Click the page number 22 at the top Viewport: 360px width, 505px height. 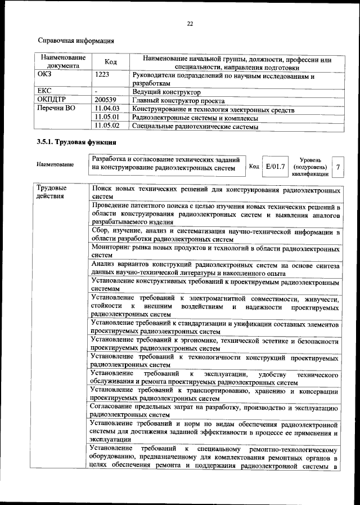coord(190,23)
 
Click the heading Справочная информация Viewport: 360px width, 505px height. coord(76,41)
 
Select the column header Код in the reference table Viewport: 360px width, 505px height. coord(111,62)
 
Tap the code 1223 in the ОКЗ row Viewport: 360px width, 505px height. coord(102,74)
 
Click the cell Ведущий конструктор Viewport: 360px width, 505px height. coord(166,91)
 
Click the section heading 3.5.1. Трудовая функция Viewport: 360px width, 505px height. coord(76,142)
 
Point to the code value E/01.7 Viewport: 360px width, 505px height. coord(276,167)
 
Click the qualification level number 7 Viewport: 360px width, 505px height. coord(337,167)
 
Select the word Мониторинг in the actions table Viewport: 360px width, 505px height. coord(112,248)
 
